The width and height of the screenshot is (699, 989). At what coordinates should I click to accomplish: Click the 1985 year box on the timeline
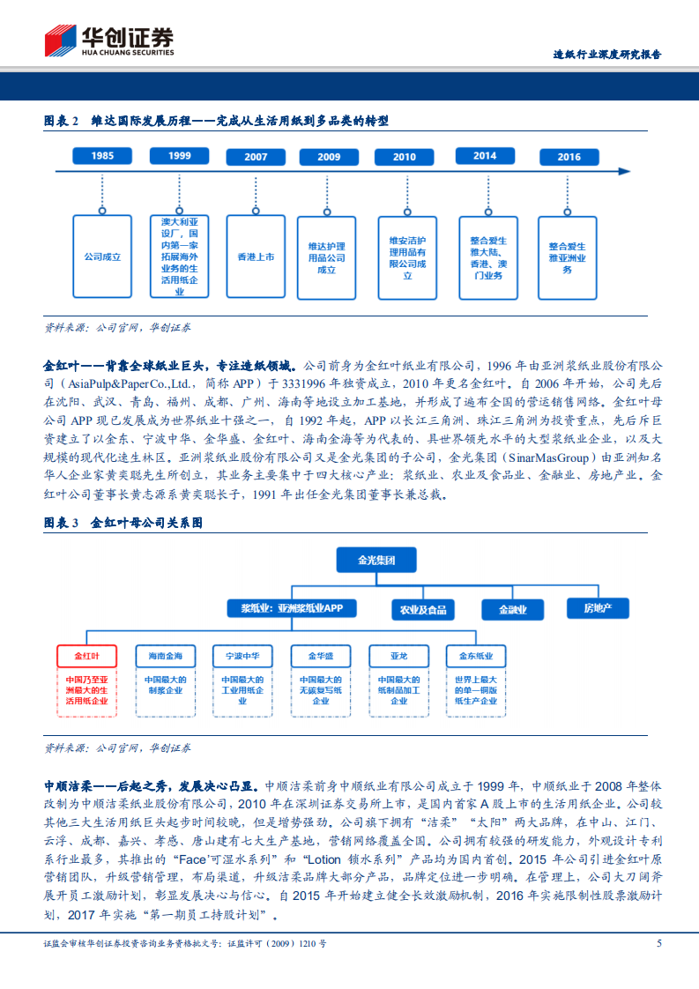(103, 156)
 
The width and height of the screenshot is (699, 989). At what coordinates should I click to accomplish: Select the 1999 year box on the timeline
(180, 156)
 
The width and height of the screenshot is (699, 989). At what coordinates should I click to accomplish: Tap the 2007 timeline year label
(256, 157)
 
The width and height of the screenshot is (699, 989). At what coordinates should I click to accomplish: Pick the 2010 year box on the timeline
(405, 157)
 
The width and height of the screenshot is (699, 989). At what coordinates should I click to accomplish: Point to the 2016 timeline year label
(569, 157)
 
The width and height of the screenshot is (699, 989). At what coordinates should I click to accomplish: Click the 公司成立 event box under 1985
(103, 257)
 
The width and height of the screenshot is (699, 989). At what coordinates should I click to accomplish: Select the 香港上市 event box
(256, 257)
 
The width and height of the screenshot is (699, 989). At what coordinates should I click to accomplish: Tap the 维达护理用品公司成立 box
(328, 257)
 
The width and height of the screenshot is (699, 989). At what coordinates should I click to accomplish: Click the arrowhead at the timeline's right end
(623, 171)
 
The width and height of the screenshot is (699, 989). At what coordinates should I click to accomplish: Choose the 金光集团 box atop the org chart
(376, 560)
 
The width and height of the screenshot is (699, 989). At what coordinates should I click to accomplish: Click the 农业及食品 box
(423, 609)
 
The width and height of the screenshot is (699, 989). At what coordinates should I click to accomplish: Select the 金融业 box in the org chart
(512, 609)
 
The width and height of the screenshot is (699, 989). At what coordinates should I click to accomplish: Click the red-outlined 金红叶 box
(86, 657)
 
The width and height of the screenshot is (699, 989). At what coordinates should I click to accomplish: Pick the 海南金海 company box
(165, 657)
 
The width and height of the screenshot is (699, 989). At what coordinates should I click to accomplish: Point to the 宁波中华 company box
(242, 657)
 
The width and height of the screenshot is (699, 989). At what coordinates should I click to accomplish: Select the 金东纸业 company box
(476, 657)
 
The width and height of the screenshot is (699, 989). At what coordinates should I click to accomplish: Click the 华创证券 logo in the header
(109, 41)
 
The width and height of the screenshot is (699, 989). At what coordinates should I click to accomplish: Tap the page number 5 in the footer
(658, 943)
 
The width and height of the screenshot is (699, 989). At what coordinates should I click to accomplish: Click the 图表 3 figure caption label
(62, 523)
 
